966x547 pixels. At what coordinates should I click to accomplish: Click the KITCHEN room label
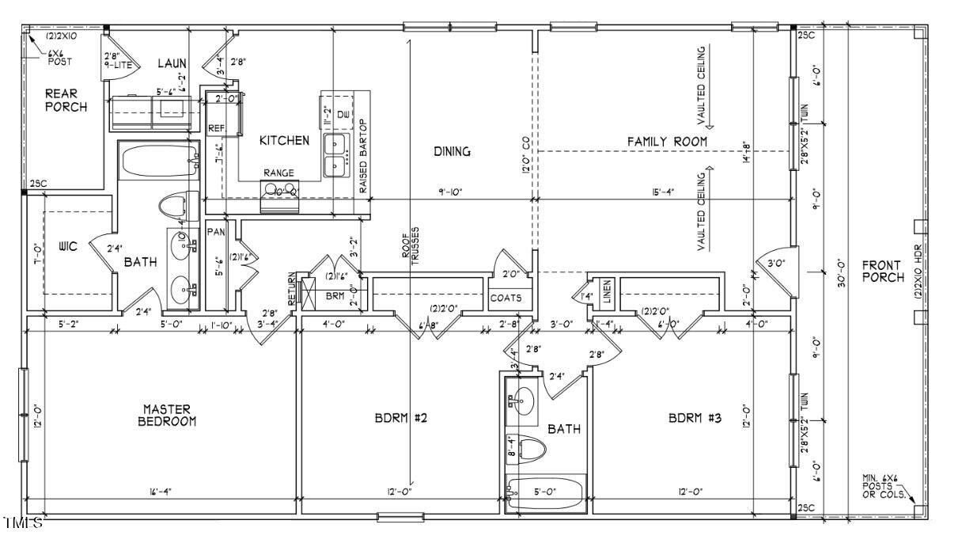point(284,140)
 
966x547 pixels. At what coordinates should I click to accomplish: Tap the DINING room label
point(452,151)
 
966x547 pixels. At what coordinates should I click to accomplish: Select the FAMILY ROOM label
point(667,141)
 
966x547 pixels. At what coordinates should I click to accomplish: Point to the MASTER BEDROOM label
point(166,416)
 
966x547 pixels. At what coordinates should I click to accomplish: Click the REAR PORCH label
point(66,100)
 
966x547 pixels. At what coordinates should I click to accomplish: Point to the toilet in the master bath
point(176,207)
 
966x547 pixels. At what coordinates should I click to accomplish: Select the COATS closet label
point(506,298)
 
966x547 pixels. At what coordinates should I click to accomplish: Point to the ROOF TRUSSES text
point(409,253)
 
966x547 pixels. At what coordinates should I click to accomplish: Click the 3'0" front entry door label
point(775,263)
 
